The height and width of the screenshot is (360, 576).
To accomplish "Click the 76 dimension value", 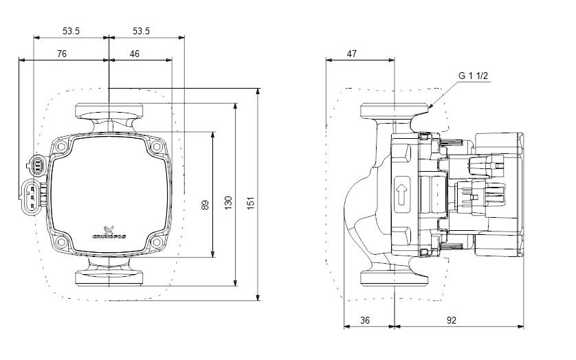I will tap(61, 53).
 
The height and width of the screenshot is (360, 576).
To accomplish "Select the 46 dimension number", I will tap(134, 53).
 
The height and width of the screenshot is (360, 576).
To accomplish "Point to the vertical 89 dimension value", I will tap(205, 204).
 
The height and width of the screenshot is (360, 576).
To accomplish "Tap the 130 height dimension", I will tap(229, 203).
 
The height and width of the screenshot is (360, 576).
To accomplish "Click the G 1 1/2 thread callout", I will tap(473, 76).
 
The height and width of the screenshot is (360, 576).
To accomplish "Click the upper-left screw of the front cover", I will tap(63, 148).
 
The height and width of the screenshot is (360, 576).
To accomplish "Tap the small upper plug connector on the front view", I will tap(36, 164).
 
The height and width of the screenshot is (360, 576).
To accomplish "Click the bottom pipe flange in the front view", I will tap(109, 277).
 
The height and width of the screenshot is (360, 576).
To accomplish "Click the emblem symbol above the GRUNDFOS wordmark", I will tap(108, 229).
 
